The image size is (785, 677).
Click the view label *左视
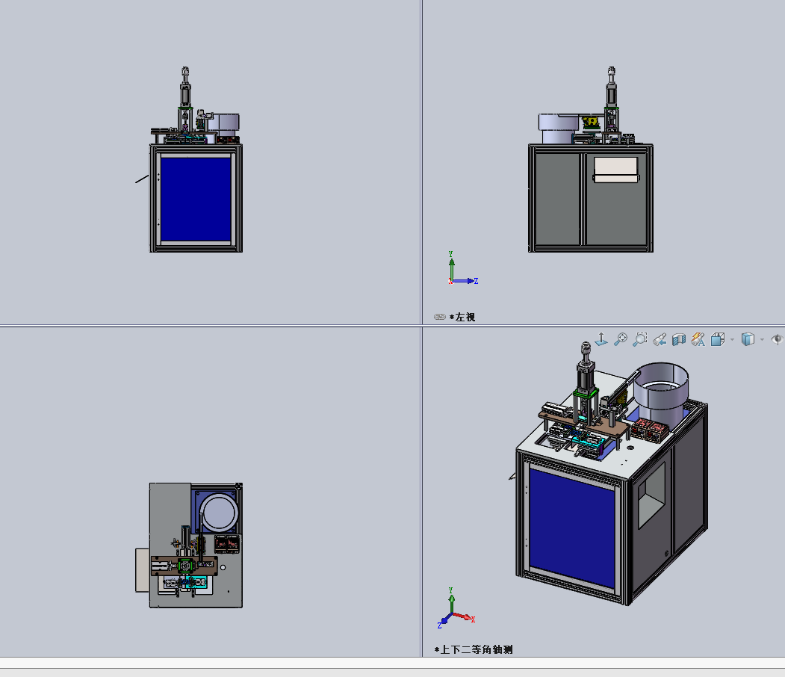pyautogui.click(x=462, y=317)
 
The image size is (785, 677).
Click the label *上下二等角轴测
pyautogui.click(x=474, y=649)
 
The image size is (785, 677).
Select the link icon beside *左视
pyautogui.click(x=440, y=317)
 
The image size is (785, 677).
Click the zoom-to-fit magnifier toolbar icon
pyautogui.click(x=621, y=339)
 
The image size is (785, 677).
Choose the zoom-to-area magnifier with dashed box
pyautogui.click(x=640, y=339)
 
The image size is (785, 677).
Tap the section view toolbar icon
pyautogui.click(x=679, y=339)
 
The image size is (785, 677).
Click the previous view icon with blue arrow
pyautogui.click(x=660, y=339)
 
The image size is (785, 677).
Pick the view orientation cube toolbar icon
pyautogui.click(x=718, y=339)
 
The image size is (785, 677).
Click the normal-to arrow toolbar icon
pyautogui.click(x=601, y=339)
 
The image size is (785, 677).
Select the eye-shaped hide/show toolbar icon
pyautogui.click(x=777, y=339)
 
